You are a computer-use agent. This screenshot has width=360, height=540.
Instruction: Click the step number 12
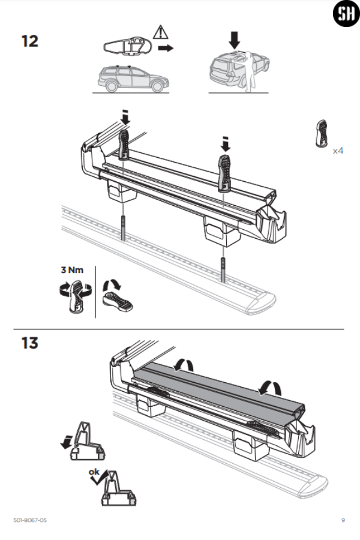click(x=29, y=41)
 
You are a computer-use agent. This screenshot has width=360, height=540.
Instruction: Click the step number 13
click(x=29, y=343)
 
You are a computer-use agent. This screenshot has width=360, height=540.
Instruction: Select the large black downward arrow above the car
click(x=235, y=40)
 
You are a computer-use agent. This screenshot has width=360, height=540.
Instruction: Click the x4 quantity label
click(x=337, y=151)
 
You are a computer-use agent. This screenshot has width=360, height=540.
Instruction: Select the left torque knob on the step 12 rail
click(x=124, y=143)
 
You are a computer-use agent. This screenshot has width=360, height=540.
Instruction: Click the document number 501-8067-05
click(x=29, y=520)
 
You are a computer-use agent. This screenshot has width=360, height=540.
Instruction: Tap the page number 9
click(x=342, y=520)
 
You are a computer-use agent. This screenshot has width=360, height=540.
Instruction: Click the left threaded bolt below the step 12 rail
click(x=122, y=229)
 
